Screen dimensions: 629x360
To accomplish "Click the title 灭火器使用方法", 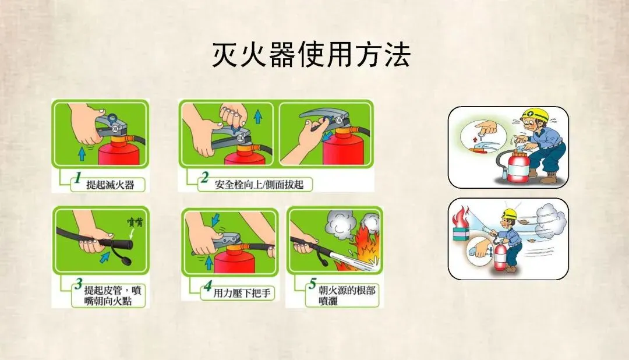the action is [x=311, y=54].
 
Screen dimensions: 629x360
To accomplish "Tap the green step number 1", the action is [x=78, y=177].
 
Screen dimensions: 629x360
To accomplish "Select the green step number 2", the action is [x=205, y=177].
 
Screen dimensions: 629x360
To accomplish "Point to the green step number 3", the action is [x=79, y=284].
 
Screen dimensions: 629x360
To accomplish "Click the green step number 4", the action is [x=207, y=286].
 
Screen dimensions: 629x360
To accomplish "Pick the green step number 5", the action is [x=313, y=284].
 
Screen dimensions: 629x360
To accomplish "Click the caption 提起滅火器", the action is [x=110, y=185].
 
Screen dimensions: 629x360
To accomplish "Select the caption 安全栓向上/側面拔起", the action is [x=259, y=185].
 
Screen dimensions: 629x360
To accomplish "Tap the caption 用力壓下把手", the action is [x=242, y=294].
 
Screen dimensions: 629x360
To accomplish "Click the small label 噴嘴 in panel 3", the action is [x=135, y=222].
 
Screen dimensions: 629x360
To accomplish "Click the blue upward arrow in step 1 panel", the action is [x=82, y=153].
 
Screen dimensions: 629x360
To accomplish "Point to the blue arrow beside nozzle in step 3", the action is [x=105, y=256].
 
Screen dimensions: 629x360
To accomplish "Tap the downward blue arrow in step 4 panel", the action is [x=215, y=219].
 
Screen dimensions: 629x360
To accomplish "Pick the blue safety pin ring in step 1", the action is [x=112, y=119].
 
